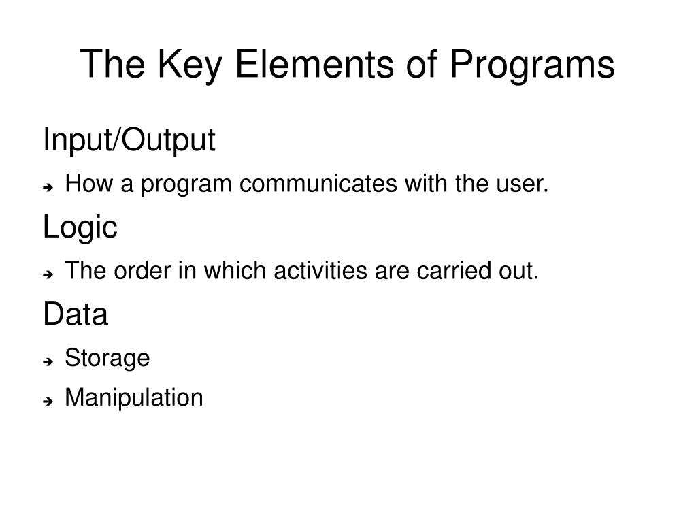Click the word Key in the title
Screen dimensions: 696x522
[190, 65]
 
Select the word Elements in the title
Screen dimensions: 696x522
[314, 64]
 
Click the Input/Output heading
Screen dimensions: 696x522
[129, 140]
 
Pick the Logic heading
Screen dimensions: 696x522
[80, 228]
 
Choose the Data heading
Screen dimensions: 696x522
[76, 314]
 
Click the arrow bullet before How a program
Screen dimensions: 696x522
[48, 187]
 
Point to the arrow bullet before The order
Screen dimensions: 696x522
[48, 274]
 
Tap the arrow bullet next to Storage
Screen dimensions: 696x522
[48, 361]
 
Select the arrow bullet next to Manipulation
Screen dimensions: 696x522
[48, 402]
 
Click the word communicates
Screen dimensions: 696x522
[318, 184]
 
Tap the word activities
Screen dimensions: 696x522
[320, 271]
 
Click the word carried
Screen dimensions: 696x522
[454, 271]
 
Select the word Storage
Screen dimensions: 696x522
[107, 359]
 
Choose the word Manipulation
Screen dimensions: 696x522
[134, 397]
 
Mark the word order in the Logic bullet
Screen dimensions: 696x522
[142, 271]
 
